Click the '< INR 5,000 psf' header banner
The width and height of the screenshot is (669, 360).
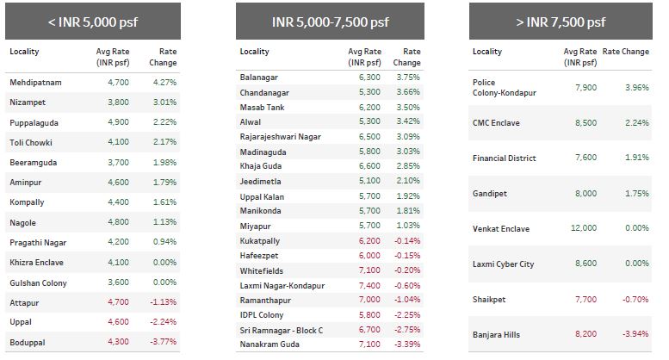pyautogui.click(x=92, y=22)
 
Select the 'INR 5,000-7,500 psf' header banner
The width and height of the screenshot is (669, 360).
pyautogui.click(x=330, y=22)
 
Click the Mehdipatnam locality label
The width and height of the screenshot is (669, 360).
pyautogui.click(x=36, y=83)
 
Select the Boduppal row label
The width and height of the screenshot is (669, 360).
pyautogui.click(x=28, y=342)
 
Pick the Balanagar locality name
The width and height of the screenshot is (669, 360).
pyautogui.click(x=261, y=77)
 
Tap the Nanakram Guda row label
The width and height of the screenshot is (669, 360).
pyautogui.click(x=270, y=344)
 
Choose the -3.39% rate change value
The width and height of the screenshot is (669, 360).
pyautogui.click(x=406, y=344)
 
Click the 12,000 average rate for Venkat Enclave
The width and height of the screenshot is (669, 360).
pyautogui.click(x=582, y=228)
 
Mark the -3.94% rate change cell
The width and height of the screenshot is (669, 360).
pyautogui.click(x=635, y=334)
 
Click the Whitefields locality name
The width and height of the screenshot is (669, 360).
pyautogui.click(x=263, y=270)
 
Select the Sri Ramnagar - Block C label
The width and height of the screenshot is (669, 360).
pyautogui.click(x=282, y=330)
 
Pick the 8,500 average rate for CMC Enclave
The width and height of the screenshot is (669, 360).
pyautogui.click(x=584, y=122)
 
